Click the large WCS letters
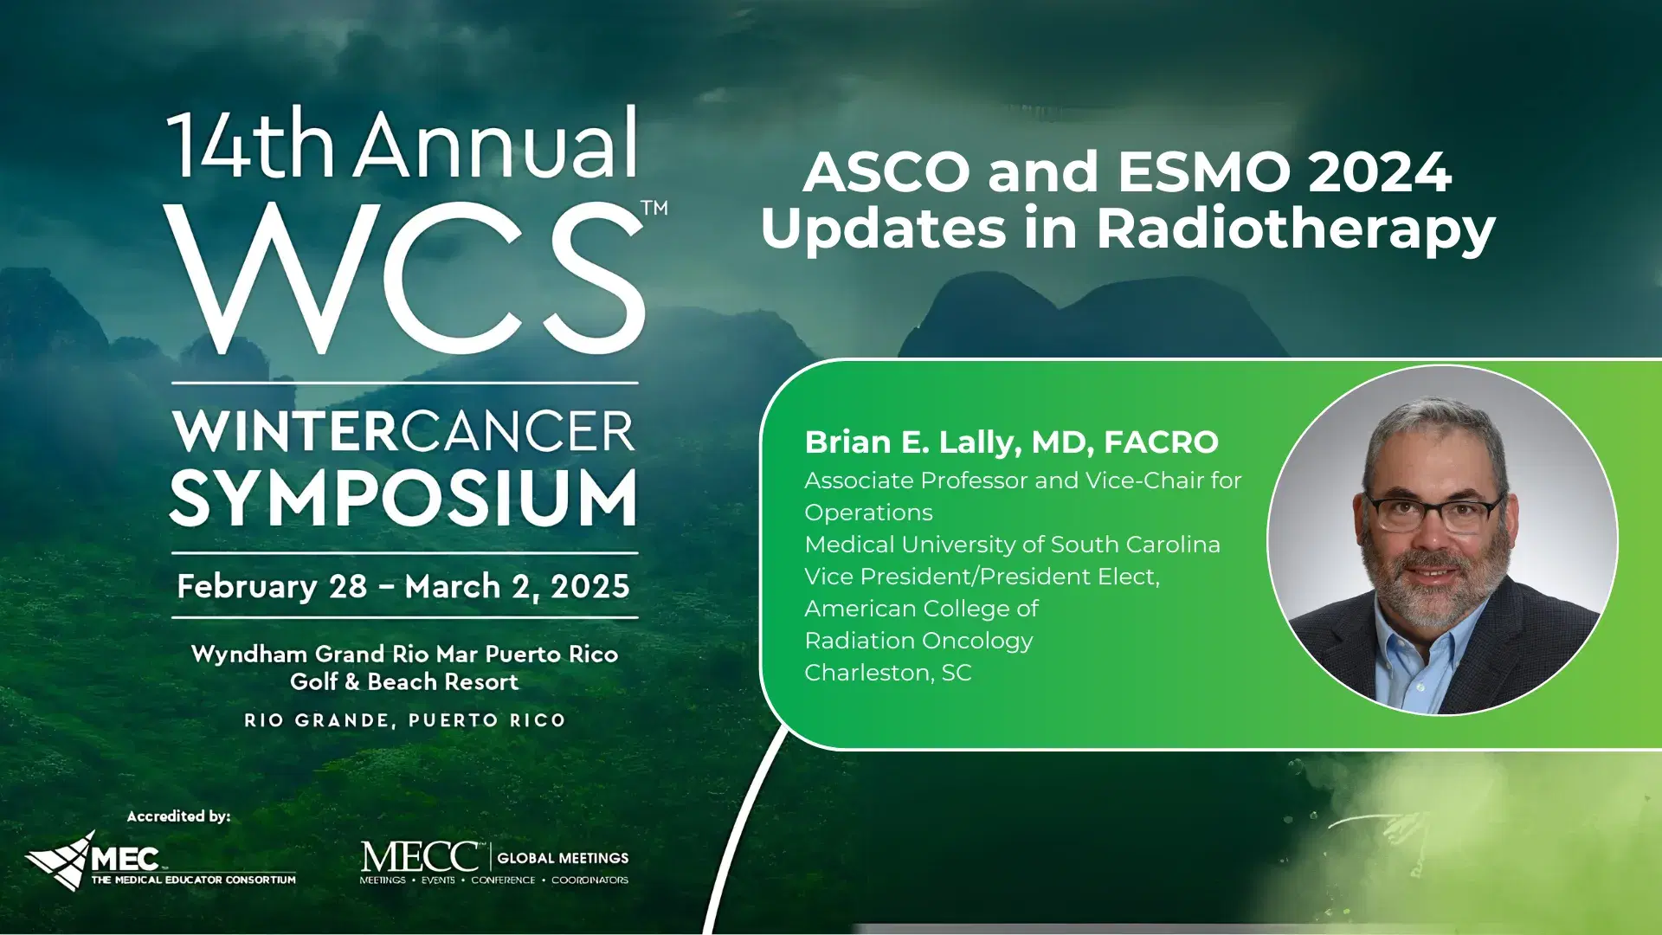(403, 279)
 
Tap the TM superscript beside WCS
(654, 208)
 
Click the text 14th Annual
(403, 144)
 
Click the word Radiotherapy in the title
(1296, 229)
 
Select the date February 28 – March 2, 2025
(403, 586)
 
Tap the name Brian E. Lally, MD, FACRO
(1011, 442)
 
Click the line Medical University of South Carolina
(1012, 545)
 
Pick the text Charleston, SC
(888, 673)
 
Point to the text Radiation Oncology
(918, 641)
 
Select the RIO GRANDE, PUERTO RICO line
(404, 720)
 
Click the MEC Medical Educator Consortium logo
(160, 861)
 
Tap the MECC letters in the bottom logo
(420, 857)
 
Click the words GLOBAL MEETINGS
(563, 858)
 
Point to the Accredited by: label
(178, 816)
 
